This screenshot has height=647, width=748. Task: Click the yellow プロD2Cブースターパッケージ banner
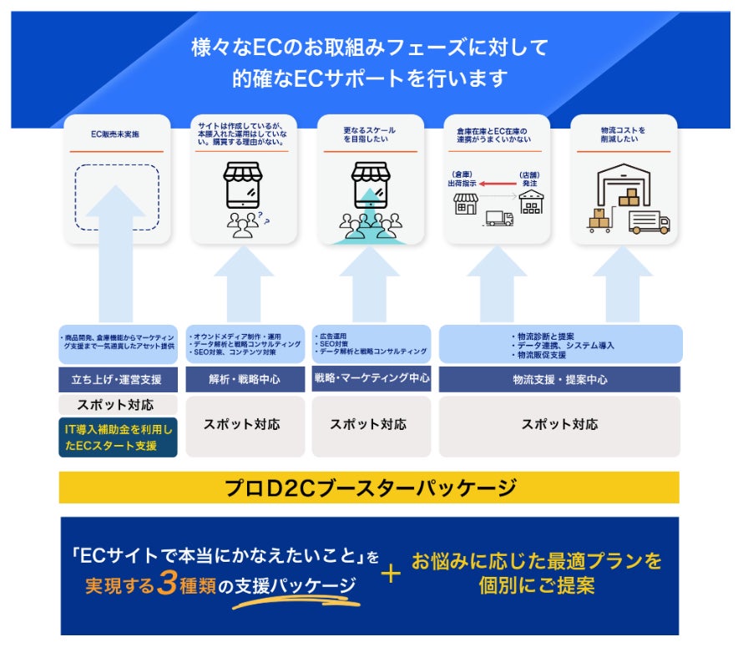tap(369, 488)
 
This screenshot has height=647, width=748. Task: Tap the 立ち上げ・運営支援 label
tap(118, 380)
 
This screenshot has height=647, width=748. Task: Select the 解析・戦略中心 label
tap(245, 380)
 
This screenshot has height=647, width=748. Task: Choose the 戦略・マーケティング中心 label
tap(371, 378)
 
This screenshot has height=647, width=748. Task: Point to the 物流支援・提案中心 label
tap(559, 380)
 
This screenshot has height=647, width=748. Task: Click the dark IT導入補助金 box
tap(118, 437)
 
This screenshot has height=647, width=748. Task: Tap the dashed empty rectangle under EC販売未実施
tap(117, 197)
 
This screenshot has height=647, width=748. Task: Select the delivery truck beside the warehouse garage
tap(649, 221)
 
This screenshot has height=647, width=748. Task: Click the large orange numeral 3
tap(167, 584)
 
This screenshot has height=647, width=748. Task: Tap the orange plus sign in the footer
tap(391, 574)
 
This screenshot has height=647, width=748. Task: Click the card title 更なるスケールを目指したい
tap(370, 135)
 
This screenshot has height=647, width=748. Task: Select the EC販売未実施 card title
tap(117, 134)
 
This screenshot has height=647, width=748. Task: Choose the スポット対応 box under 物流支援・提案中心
tap(559, 424)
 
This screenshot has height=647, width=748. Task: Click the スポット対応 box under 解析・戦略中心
tap(242, 424)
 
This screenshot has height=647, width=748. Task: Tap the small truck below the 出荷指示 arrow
tap(498, 219)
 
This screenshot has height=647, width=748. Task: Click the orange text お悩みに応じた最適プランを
tap(536, 560)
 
